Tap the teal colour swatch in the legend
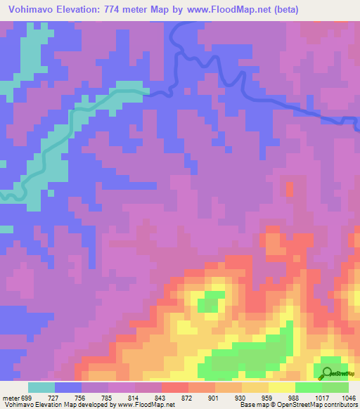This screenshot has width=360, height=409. [41, 387]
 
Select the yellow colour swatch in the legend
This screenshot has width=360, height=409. [281, 387]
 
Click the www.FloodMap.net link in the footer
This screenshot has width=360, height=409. [141, 405]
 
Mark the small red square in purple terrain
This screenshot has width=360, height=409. [290, 188]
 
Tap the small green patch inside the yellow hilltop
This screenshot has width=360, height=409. [207, 305]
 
